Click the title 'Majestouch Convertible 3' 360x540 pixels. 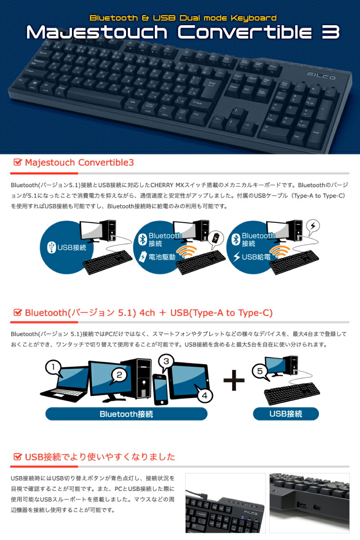pyautogui.click(x=182, y=32)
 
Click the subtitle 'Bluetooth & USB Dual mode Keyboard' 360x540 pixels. pyautogui.click(x=183, y=18)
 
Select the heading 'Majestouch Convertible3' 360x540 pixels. pyautogui.click(x=79, y=162)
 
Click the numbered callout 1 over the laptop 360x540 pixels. pyautogui.click(x=54, y=368)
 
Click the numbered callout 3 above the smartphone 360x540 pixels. pyautogui.click(x=166, y=361)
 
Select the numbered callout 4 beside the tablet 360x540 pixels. pyautogui.click(x=204, y=396)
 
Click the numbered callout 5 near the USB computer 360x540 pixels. pyautogui.click(x=259, y=371)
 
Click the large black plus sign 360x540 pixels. pyautogui.click(x=234, y=381)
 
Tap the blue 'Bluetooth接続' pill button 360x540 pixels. pyautogui.click(x=126, y=414)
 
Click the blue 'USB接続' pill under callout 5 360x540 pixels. pyautogui.click(x=286, y=414)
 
